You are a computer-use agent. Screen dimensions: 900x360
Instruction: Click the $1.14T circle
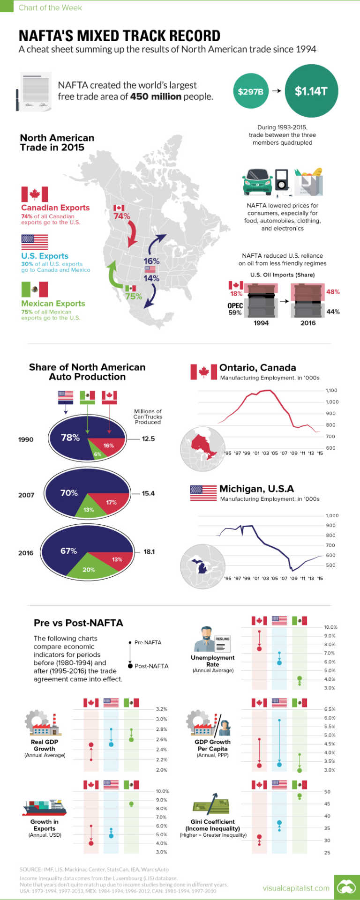(x=311, y=91)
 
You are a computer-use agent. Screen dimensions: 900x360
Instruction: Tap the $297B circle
(x=250, y=91)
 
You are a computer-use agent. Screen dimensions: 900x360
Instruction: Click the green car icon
(x=257, y=182)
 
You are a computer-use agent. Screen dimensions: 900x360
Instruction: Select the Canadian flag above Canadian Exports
(x=34, y=194)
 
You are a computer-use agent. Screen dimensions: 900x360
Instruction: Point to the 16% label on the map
(x=151, y=261)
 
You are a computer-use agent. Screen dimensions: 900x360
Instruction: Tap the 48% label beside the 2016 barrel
(x=333, y=291)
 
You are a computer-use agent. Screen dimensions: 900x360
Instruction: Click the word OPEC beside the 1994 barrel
(x=235, y=306)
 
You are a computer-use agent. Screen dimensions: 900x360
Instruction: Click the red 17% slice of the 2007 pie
(x=111, y=502)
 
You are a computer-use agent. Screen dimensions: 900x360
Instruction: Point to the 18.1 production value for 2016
(x=149, y=551)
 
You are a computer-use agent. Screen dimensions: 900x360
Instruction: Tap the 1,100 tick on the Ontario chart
(x=331, y=390)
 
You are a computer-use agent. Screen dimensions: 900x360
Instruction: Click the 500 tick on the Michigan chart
(x=330, y=565)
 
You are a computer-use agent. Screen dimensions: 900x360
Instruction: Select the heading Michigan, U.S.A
(x=256, y=489)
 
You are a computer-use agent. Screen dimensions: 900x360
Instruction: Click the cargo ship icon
(x=45, y=807)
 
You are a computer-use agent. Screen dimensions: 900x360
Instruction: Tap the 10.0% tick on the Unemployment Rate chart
(x=330, y=627)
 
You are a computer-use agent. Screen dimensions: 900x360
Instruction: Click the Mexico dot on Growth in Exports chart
(x=131, y=803)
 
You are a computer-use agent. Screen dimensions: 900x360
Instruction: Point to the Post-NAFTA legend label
(x=151, y=666)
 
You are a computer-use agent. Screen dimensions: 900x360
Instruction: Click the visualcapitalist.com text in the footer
(x=296, y=888)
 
